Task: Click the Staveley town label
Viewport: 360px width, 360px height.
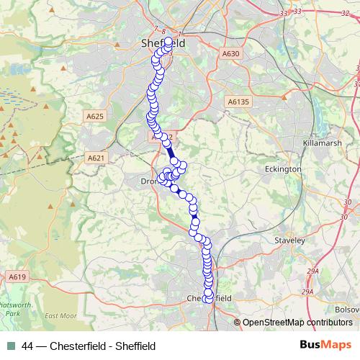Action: (291, 240)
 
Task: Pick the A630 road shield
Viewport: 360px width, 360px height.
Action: (231, 53)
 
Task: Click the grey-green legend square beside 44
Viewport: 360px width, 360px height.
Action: (11, 346)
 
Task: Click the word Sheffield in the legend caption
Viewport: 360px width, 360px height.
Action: (135, 346)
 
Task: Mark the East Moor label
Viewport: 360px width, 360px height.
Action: (60, 316)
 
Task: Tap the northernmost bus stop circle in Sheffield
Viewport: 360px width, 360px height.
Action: (168, 42)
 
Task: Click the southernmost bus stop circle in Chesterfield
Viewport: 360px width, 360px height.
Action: (209, 299)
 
